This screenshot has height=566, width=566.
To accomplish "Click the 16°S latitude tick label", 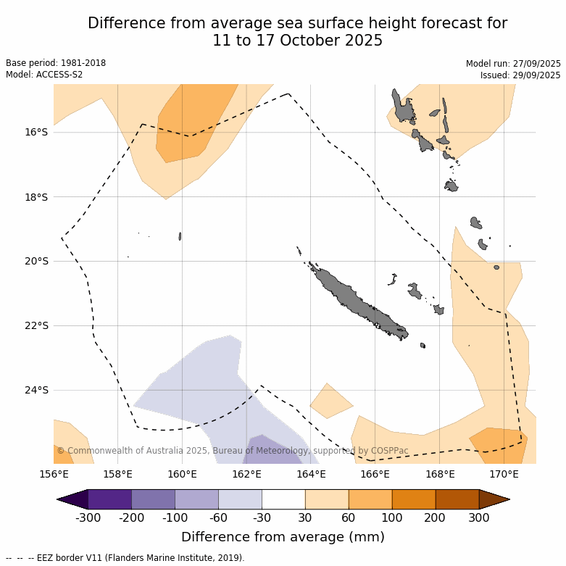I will (x=36, y=132).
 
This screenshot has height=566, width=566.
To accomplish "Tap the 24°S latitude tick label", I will (x=36, y=390).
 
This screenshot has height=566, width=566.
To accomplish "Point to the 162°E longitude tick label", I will (x=246, y=475).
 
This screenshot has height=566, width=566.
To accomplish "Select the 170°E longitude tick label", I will (x=504, y=475).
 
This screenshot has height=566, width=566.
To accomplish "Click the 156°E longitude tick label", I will (x=54, y=475).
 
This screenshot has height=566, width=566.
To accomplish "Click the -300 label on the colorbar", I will (x=88, y=517).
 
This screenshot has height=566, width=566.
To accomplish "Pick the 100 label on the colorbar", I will (x=392, y=517).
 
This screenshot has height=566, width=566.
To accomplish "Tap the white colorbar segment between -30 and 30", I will (x=283, y=499).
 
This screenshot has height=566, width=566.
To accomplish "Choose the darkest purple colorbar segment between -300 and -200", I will (x=109, y=499).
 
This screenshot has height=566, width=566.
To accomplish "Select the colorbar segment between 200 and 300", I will (x=457, y=499).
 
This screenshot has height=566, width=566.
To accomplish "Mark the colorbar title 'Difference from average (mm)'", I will (x=283, y=537).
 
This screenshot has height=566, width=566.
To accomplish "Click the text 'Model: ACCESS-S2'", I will (x=44, y=75).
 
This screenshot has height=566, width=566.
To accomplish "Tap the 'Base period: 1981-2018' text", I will (x=56, y=63).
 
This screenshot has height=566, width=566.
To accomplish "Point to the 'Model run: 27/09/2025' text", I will (x=513, y=64).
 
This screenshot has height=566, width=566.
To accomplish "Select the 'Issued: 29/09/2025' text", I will (x=520, y=75).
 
